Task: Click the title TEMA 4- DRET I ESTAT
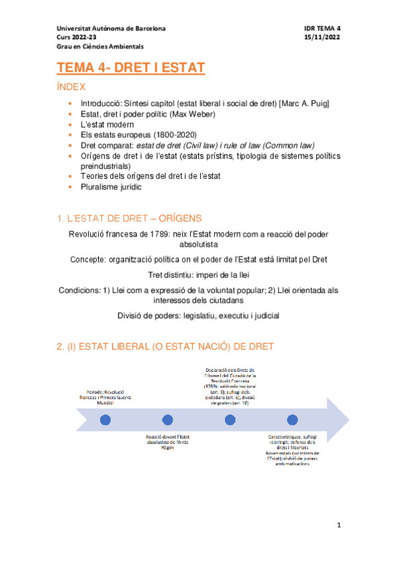coord(131,68)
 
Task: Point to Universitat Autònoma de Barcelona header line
coord(111,29)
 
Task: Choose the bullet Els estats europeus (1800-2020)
coord(134,135)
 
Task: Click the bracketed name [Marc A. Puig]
coord(305,105)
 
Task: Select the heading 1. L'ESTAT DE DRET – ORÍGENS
coord(129,218)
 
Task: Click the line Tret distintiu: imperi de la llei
coord(199,274)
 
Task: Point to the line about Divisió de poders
coord(198,315)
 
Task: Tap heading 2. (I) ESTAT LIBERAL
coord(164,346)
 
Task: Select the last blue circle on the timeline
coord(292,420)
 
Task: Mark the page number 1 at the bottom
coord(338,526)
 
